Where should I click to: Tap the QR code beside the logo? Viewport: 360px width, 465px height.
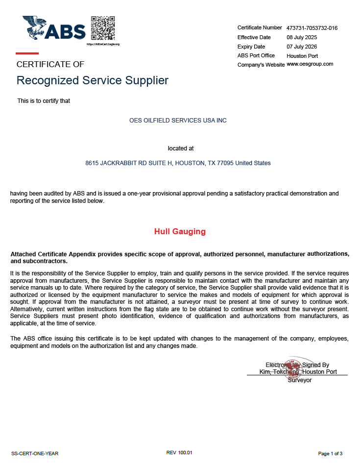pyautogui.click(x=103, y=28)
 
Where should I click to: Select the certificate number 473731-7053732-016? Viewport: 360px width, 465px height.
pyautogui.click(x=312, y=28)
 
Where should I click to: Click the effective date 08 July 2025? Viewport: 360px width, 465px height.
pyautogui.click(x=302, y=37)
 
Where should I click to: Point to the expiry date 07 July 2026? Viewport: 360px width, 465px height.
pyautogui.click(x=302, y=47)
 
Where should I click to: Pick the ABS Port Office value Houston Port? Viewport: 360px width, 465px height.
pyautogui.click(x=302, y=56)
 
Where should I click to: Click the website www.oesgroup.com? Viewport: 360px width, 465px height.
pyautogui.click(x=310, y=64)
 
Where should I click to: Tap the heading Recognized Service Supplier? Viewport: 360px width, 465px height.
pyautogui.click(x=93, y=80)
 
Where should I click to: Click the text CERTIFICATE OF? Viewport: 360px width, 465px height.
pyautogui.click(x=50, y=64)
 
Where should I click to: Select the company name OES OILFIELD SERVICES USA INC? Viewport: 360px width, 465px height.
pyautogui.click(x=178, y=120)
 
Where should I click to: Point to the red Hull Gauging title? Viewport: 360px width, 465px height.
pyautogui.click(x=180, y=231)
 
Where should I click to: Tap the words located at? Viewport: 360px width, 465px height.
pyautogui.click(x=181, y=148)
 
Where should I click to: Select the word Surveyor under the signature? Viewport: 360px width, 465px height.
pyautogui.click(x=299, y=380)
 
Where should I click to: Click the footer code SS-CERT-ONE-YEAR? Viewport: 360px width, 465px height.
pyautogui.click(x=35, y=453)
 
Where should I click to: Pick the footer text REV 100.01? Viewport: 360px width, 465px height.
pyautogui.click(x=180, y=453)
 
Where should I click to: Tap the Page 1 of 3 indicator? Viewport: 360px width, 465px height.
pyautogui.click(x=330, y=453)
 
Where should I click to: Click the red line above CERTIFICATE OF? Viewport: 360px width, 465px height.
pyautogui.click(x=27, y=53)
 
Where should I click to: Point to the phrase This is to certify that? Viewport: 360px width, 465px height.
pyautogui.click(x=44, y=101)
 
